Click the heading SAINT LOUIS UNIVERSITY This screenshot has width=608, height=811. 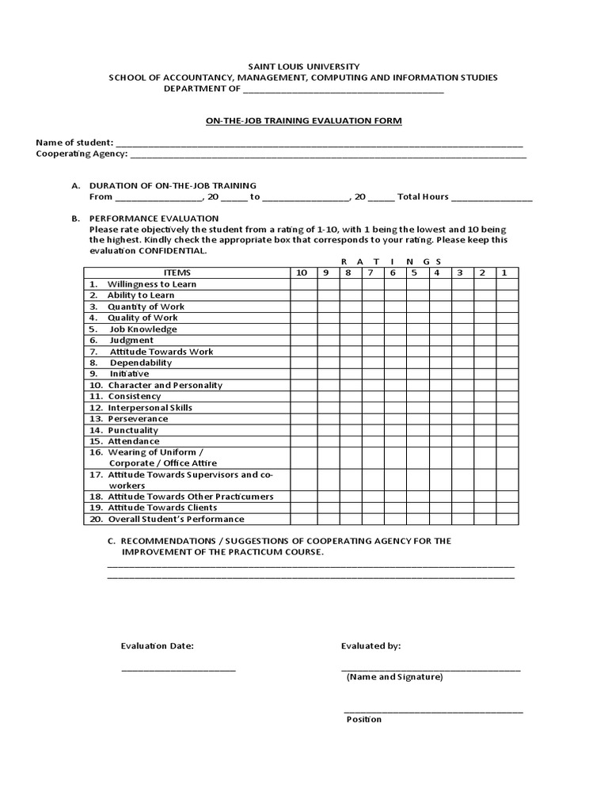(303, 67)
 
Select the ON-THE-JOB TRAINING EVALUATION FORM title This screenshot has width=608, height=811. (303, 120)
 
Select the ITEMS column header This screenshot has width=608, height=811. (187, 272)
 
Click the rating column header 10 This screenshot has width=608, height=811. (302, 272)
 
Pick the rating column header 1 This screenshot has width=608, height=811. (503, 272)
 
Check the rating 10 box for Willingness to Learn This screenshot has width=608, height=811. (302, 284)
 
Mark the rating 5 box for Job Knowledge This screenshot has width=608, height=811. (413, 329)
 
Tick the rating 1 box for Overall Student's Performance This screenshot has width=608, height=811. (507, 519)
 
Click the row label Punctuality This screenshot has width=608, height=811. (133, 430)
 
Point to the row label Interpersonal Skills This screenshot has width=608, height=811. (150, 407)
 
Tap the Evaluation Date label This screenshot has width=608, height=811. (157, 645)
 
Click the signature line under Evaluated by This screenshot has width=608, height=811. (431, 669)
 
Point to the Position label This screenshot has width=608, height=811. (363, 719)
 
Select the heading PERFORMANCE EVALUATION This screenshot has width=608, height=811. (154, 218)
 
